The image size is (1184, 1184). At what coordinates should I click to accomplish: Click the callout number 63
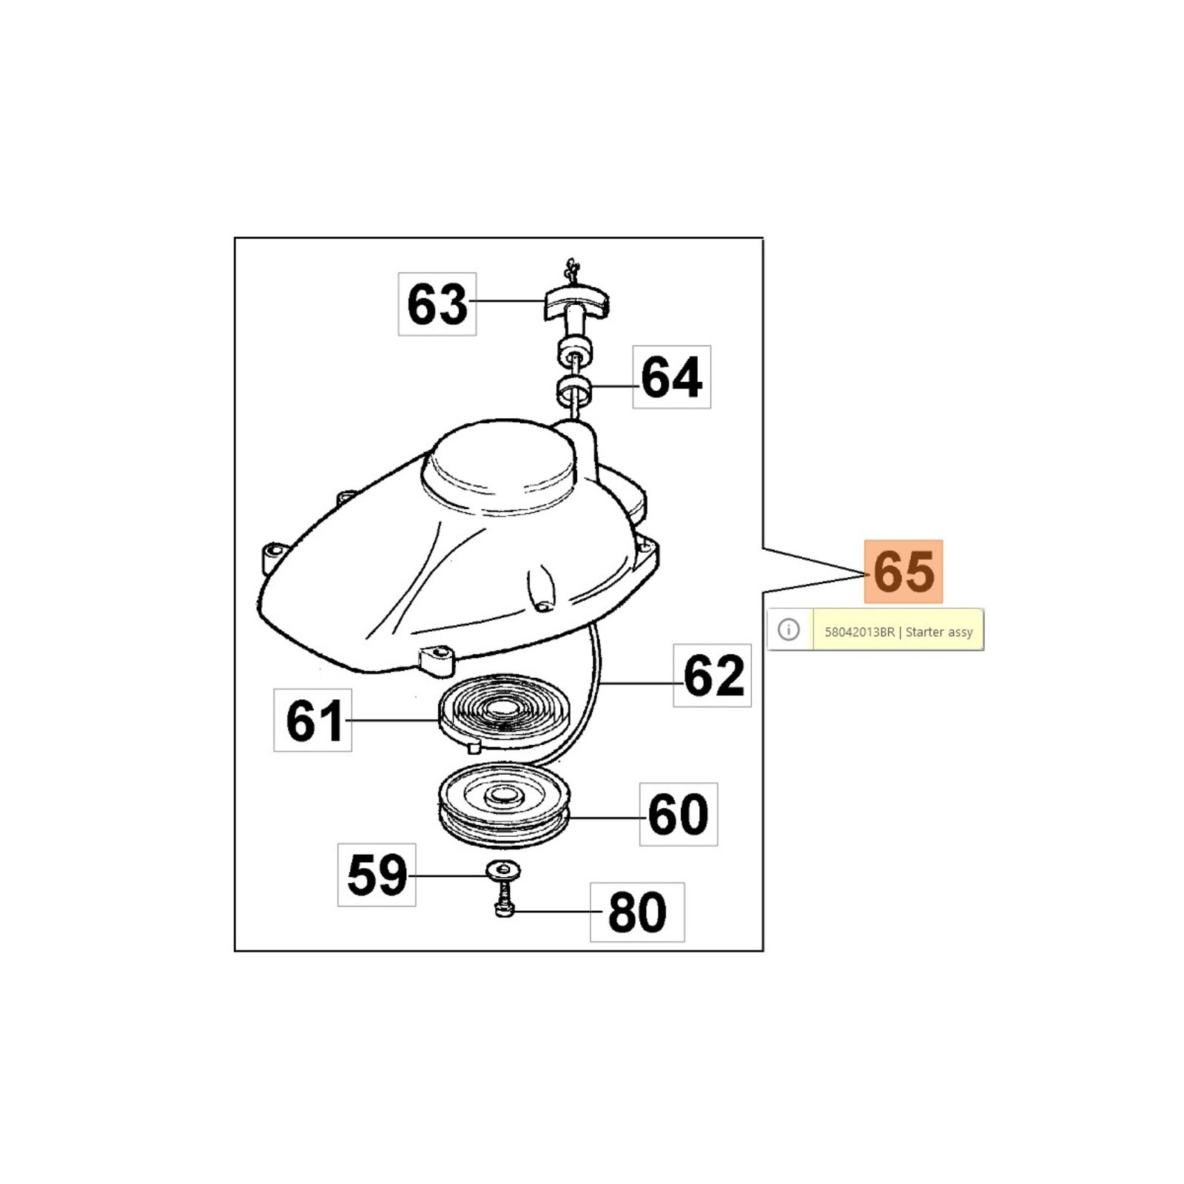tap(437, 304)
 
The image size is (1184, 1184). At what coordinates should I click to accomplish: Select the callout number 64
tap(671, 377)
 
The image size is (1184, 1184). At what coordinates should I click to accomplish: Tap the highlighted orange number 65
tap(904, 571)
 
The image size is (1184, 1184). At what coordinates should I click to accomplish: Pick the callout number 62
tap(713, 675)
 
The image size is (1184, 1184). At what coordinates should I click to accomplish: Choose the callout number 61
tap(314, 721)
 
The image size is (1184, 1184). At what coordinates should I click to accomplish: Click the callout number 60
tap(679, 814)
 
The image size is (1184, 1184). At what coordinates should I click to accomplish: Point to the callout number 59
tap(377, 875)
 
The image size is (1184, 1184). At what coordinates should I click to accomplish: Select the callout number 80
tap(637, 912)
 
